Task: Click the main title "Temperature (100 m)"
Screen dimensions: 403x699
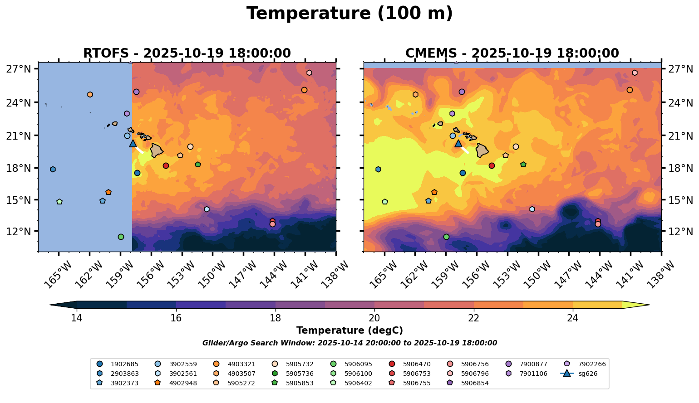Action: point(349,14)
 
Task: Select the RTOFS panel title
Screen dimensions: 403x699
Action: point(187,53)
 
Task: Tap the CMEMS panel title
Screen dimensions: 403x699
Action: point(512,53)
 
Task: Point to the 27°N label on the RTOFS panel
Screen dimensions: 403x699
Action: point(19,69)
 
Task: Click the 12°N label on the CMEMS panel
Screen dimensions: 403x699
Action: point(681,232)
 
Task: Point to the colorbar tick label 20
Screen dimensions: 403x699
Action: point(374,318)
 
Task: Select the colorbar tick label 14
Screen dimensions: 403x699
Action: point(77,318)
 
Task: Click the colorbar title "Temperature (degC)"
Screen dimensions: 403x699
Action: point(349,330)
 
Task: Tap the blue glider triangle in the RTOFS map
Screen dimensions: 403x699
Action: point(133,144)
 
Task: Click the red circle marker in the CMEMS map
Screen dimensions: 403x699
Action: point(492,166)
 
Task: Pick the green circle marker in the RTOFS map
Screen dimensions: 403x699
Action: point(121,237)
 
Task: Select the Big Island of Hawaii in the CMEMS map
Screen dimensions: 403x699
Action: point(482,150)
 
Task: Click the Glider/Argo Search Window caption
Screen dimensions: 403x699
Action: point(349,343)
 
